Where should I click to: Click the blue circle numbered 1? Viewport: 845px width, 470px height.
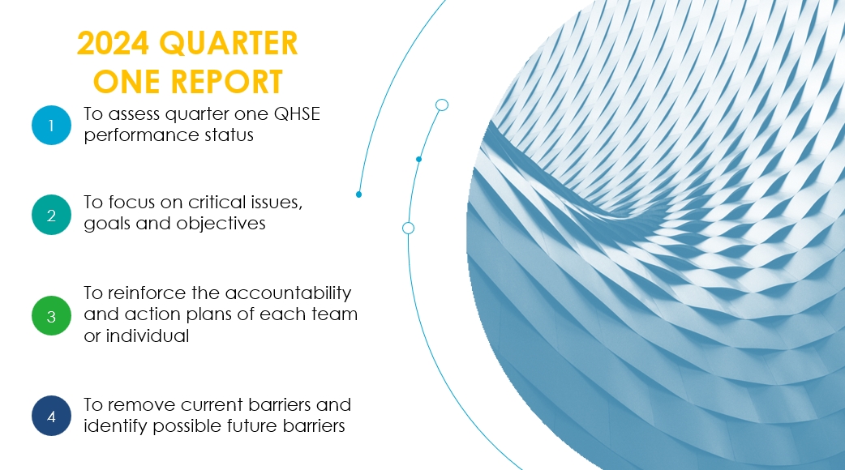tap(51, 126)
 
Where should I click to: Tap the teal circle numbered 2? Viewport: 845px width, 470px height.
tap(51, 215)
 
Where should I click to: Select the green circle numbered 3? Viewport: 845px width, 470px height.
tap(51, 315)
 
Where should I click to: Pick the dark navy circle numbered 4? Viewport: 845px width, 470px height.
tap(51, 416)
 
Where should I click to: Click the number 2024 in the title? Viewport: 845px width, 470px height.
tap(113, 43)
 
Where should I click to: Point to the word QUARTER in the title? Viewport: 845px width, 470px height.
tap(229, 43)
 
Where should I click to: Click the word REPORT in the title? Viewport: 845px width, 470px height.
tap(227, 82)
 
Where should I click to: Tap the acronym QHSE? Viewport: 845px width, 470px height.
tap(297, 114)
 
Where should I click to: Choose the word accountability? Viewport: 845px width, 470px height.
tap(288, 293)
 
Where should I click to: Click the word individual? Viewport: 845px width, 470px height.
tap(147, 336)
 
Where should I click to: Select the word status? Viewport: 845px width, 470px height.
tap(229, 135)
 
